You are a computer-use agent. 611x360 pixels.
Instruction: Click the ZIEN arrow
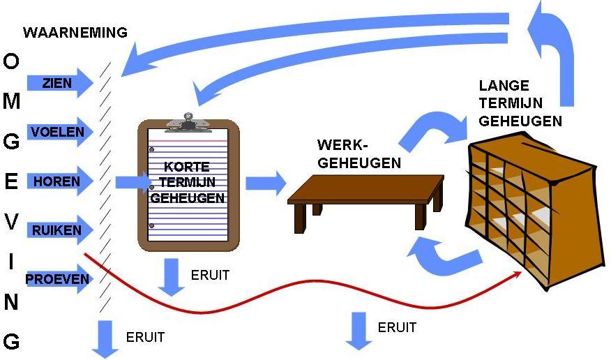tap(59, 83)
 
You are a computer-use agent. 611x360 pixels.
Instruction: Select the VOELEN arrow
tap(59, 131)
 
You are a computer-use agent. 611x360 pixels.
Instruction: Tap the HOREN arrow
tap(59, 181)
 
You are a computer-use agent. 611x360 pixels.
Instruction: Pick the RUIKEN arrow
tap(59, 230)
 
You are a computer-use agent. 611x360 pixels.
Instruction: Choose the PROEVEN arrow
tap(59, 280)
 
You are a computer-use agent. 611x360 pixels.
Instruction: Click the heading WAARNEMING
tap(75, 32)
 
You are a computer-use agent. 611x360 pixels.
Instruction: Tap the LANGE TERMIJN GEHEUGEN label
tap(520, 103)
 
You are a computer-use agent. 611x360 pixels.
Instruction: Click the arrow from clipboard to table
tap(266, 183)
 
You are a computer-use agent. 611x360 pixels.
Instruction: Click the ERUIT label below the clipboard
tap(209, 275)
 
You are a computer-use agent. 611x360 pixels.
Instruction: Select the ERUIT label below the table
tap(397, 327)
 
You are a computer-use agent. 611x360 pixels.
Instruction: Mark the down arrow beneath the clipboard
tap(170, 277)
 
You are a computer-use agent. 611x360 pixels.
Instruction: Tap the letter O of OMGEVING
tap(11, 62)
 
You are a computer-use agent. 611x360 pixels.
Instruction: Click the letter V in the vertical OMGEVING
tap(11, 221)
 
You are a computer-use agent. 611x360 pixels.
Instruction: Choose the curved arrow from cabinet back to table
tap(436, 255)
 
